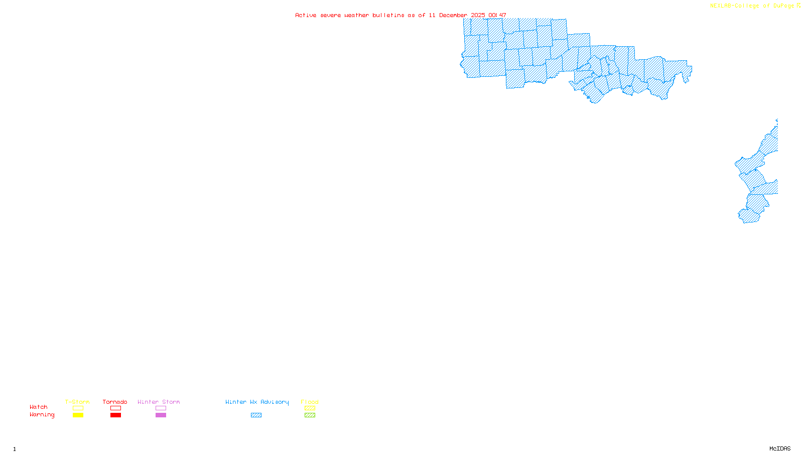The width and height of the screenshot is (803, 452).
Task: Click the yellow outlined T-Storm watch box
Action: pyautogui.click(x=78, y=408)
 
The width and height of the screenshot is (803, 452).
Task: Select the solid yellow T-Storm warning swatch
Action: pyautogui.click(x=78, y=415)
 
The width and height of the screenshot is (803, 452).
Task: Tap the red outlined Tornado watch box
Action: pyautogui.click(x=115, y=408)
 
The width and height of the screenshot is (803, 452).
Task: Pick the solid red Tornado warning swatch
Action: pyautogui.click(x=115, y=415)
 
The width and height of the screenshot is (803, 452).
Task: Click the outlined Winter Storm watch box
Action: pyautogui.click(x=161, y=408)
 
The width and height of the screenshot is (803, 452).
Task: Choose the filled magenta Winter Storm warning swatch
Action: pyautogui.click(x=161, y=415)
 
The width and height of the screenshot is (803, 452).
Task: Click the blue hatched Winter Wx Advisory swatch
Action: pyautogui.click(x=256, y=415)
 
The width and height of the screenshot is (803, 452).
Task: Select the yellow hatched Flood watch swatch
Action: pyautogui.click(x=310, y=408)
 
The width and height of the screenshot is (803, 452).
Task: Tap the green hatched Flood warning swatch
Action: pyautogui.click(x=310, y=415)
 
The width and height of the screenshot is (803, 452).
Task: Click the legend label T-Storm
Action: pyautogui.click(x=77, y=402)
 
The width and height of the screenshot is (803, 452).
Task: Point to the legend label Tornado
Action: pyautogui.click(x=115, y=402)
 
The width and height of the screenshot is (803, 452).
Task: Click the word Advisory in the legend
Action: pyautogui.click(x=275, y=402)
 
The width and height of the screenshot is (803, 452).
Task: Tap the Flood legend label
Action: pyautogui.click(x=310, y=402)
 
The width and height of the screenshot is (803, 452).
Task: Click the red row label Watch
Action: pyautogui.click(x=39, y=407)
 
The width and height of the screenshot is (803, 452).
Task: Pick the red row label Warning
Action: pyautogui.click(x=42, y=415)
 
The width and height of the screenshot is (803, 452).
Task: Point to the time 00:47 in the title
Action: pyautogui.click(x=497, y=15)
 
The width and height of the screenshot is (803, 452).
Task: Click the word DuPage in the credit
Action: pyautogui.click(x=783, y=6)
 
